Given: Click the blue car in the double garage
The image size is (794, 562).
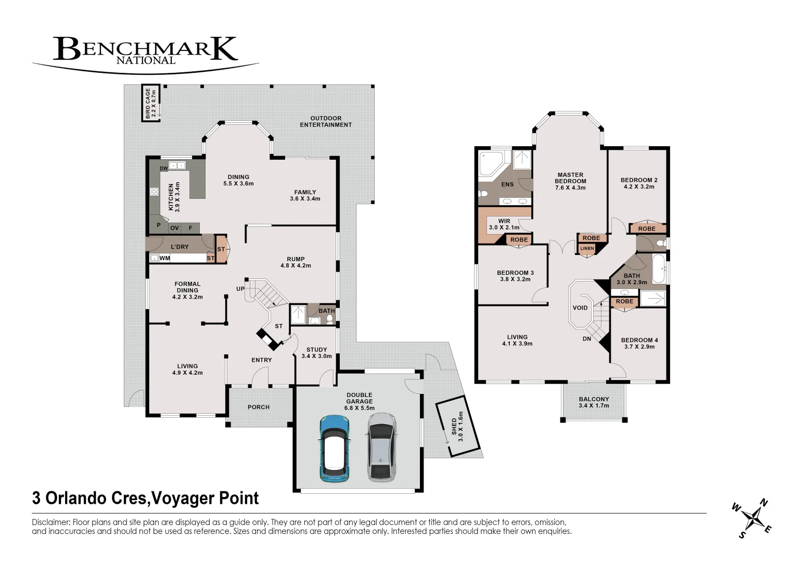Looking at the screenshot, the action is coord(335,449).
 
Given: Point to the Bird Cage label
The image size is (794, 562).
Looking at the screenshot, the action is coord(151,104).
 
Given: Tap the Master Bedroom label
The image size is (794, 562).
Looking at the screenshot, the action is coord(570,181).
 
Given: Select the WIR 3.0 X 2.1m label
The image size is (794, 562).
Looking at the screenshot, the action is coord(504,224).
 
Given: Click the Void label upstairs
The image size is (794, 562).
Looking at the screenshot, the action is coord(580,308).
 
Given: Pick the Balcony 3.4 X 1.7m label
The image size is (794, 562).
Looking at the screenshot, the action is coord(594,402).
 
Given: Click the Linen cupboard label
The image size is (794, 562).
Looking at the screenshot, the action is coord(587,248).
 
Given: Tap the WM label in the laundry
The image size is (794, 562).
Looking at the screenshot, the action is coord(164,258).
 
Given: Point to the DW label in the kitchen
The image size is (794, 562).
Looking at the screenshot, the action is coord(164,169).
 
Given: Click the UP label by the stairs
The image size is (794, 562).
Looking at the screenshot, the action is coord(240,289).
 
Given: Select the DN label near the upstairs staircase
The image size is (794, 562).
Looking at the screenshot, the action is coord(587,339).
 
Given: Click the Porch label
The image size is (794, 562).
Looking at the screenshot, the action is coord(259,407).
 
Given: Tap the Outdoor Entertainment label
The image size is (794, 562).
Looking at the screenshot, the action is coord(326,122).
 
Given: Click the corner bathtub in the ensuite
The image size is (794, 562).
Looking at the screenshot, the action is coord(491,164).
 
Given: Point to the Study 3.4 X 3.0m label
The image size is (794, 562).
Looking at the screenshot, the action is coord(316,353).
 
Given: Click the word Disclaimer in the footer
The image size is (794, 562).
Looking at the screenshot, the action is coord(51,522).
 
